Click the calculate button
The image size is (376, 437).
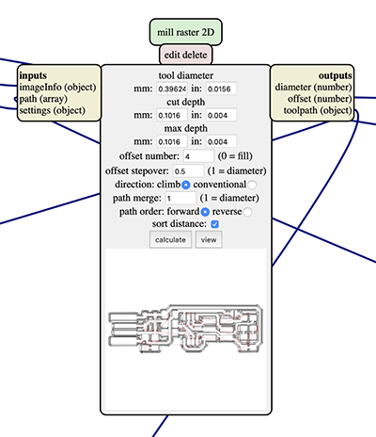[170, 239]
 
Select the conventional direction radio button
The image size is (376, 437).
[252, 185]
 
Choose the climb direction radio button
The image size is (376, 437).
[186, 185]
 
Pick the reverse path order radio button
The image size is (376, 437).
[247, 212]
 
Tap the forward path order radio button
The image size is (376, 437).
[205, 212]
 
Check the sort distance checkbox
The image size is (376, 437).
[215, 224]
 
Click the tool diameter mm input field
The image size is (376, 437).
[172, 89]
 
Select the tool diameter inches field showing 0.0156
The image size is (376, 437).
[221, 89]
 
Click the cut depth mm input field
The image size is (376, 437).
[172, 115]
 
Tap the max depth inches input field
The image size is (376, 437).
[221, 141]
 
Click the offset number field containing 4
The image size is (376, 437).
[198, 156]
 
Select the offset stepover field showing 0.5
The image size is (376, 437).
[188, 171]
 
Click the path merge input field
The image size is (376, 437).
[180, 198]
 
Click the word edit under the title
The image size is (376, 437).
[171, 55]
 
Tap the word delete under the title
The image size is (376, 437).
[194, 55]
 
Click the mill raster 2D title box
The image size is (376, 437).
[186, 32]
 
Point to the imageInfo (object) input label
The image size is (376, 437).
[57, 88]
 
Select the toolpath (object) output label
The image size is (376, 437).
[318, 110]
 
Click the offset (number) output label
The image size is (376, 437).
[320, 99]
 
